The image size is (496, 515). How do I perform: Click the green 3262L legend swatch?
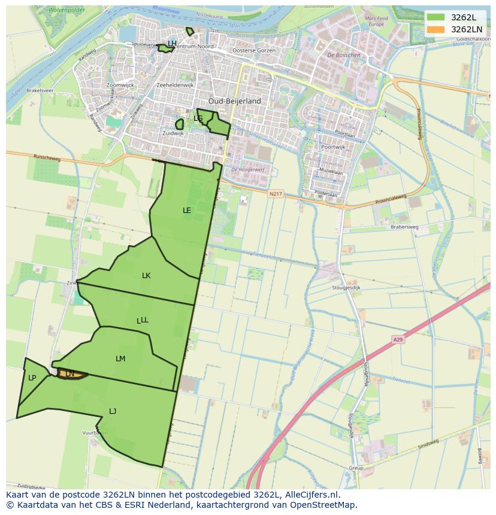pyautogui.click(x=436, y=17)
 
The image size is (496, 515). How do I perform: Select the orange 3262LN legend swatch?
pyautogui.click(x=436, y=29)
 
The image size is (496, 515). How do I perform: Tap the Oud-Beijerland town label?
pyautogui.click(x=235, y=101)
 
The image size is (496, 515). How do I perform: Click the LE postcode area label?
pyautogui.click(x=187, y=211)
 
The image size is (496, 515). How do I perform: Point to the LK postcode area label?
pyautogui.click(x=146, y=276)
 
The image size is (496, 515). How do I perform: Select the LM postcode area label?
pyautogui.click(x=120, y=359)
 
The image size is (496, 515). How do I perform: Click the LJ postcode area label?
pyautogui.click(x=113, y=411)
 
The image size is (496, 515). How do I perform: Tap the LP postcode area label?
pyautogui.click(x=32, y=378)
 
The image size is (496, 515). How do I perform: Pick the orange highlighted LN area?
pyautogui.click(x=71, y=374)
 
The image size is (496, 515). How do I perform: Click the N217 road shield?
pyautogui.click(x=275, y=194)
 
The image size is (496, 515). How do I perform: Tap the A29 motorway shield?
pyautogui.click(x=398, y=340)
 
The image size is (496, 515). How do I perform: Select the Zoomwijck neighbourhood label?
pyautogui.click(x=120, y=86)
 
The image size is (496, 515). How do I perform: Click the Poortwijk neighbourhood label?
pyautogui.click(x=333, y=147)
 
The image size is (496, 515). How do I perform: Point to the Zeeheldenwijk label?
pyautogui.click(x=175, y=86)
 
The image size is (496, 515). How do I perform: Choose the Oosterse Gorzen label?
pyautogui.click(x=254, y=51)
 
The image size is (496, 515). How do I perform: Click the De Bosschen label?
pyautogui.click(x=344, y=55)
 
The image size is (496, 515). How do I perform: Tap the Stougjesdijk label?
pyautogui.click(x=346, y=288)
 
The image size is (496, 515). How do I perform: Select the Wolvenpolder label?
pyautogui.click(x=66, y=10)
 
